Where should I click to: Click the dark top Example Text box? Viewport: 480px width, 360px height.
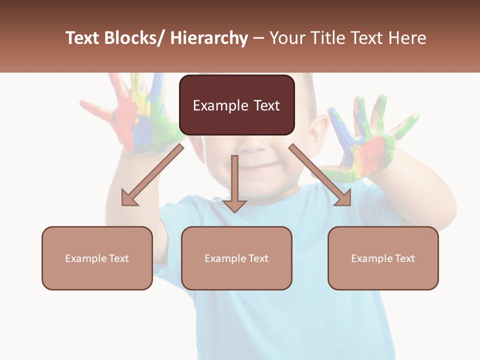[236, 105]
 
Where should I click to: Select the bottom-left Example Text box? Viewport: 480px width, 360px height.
[97, 258]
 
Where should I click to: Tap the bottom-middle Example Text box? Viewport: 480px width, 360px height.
[236, 258]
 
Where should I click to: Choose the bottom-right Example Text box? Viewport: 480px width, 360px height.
[383, 258]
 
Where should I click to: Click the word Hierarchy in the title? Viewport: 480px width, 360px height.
[209, 38]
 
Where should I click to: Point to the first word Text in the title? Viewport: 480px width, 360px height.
[82, 38]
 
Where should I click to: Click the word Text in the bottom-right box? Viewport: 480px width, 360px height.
[404, 258]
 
